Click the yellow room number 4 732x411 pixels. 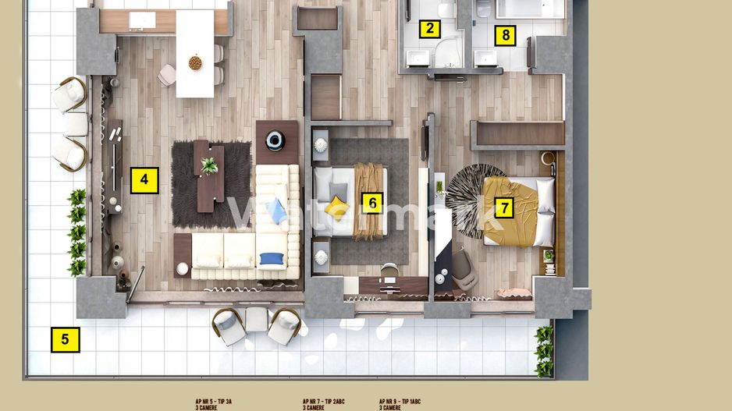click(x=144, y=180)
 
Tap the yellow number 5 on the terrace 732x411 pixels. click(x=66, y=339)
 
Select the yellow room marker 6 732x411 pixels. click(x=372, y=204)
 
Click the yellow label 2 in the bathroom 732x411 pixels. click(x=428, y=30)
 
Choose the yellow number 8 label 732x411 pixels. click(x=506, y=35)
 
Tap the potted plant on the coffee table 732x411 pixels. click(x=209, y=165)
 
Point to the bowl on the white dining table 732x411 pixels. click(x=195, y=62)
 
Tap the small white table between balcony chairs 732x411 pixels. click(x=257, y=318)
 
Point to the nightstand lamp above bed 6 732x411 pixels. click(x=322, y=143)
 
